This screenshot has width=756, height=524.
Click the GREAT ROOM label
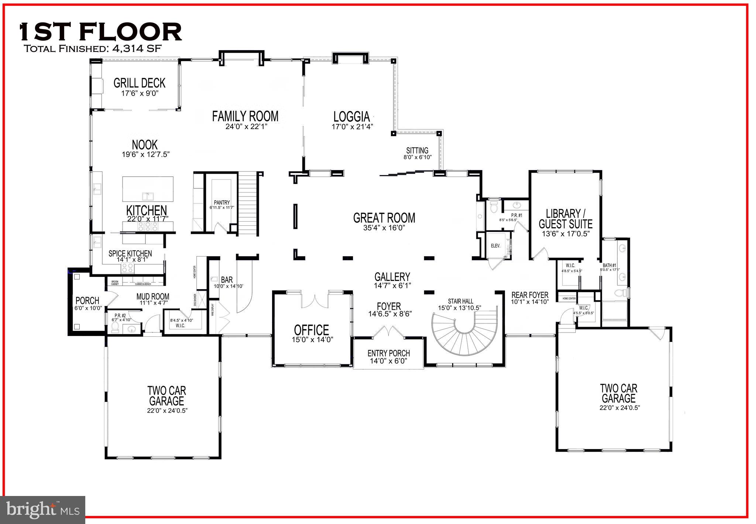click(x=384, y=218)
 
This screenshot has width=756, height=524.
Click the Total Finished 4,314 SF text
click(x=92, y=49)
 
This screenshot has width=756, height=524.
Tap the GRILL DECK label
click(x=139, y=83)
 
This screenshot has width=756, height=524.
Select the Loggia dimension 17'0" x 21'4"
click(x=352, y=126)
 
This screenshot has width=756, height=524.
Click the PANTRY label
click(x=221, y=202)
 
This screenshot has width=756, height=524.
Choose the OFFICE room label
click(x=311, y=330)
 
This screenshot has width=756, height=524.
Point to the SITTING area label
click(x=417, y=150)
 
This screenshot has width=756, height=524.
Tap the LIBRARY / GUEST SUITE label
click(x=565, y=219)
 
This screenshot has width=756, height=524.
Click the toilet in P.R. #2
click(x=114, y=327)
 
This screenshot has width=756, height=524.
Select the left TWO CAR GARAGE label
click(x=166, y=395)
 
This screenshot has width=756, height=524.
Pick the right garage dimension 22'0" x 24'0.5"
click(x=619, y=408)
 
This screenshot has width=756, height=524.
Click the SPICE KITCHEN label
click(x=130, y=254)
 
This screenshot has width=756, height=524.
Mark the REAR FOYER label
click(x=530, y=295)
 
